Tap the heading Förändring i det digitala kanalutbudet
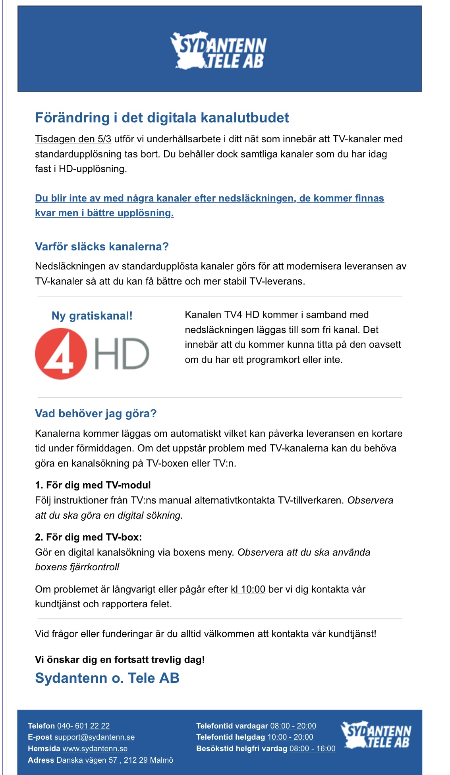tap(162, 118)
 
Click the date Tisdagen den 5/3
tap(73, 139)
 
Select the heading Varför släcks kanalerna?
tap(102, 246)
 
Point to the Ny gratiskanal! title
tap(92, 316)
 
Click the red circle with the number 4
tap(61, 353)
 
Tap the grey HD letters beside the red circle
tap(122, 353)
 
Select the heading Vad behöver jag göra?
tap(96, 413)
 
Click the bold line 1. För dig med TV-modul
tap(93, 485)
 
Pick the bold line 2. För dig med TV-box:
tap(88, 537)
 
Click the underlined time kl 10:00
tap(248, 589)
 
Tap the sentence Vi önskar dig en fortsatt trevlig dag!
tap(120, 659)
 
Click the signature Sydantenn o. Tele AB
tap(107, 678)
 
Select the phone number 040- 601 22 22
tap(83, 726)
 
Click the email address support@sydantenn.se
tap(95, 737)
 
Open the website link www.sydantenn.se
tap(95, 748)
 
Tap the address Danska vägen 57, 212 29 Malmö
tap(115, 760)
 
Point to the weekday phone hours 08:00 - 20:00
tap(293, 726)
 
